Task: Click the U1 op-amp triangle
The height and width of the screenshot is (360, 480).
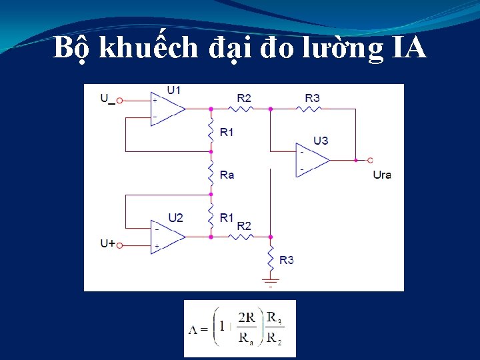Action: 167,108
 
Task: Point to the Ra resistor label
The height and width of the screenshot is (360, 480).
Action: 227,175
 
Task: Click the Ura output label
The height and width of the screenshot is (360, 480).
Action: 382,175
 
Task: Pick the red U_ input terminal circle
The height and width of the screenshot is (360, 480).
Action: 120,101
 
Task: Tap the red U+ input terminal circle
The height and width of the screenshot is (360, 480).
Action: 120,245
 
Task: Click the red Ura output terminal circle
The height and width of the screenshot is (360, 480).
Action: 370,160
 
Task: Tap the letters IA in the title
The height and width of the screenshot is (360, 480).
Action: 406,47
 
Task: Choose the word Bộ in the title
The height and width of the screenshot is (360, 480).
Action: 71,47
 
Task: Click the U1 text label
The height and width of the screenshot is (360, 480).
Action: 174,90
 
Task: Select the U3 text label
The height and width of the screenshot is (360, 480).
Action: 321,141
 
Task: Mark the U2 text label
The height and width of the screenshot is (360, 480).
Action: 175,217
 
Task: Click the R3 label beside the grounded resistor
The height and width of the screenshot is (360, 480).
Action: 287,259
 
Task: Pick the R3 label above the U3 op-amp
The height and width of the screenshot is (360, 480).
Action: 312,98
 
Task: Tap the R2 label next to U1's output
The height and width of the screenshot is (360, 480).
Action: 244,98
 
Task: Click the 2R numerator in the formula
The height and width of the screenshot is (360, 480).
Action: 246,317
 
